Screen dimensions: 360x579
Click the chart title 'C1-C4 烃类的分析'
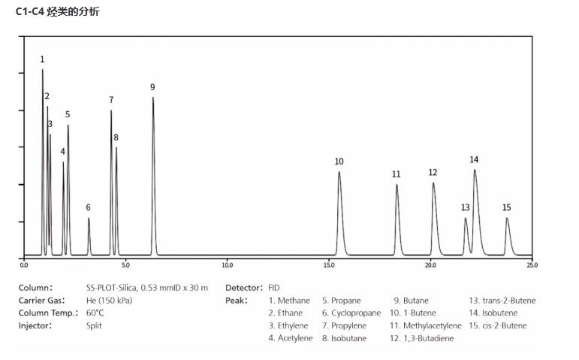57,12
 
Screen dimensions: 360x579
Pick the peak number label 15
507,207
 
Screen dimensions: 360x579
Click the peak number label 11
396,174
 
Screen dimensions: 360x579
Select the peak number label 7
111,100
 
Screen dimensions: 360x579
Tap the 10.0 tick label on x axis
227,265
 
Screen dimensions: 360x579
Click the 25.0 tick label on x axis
532,265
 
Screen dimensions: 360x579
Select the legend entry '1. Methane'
288,301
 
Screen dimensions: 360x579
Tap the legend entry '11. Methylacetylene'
425,325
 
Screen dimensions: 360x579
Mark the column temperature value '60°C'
95,313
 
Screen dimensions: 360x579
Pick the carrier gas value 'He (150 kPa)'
110,301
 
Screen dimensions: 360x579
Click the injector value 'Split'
94,325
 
